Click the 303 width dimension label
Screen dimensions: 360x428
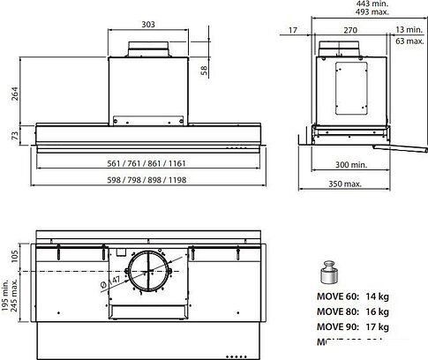[x=147, y=26]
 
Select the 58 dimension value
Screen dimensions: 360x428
[x=205, y=70]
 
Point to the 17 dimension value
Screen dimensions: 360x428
[x=292, y=31]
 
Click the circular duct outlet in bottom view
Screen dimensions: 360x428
[x=147, y=276]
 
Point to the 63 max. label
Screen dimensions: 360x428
[x=409, y=41]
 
